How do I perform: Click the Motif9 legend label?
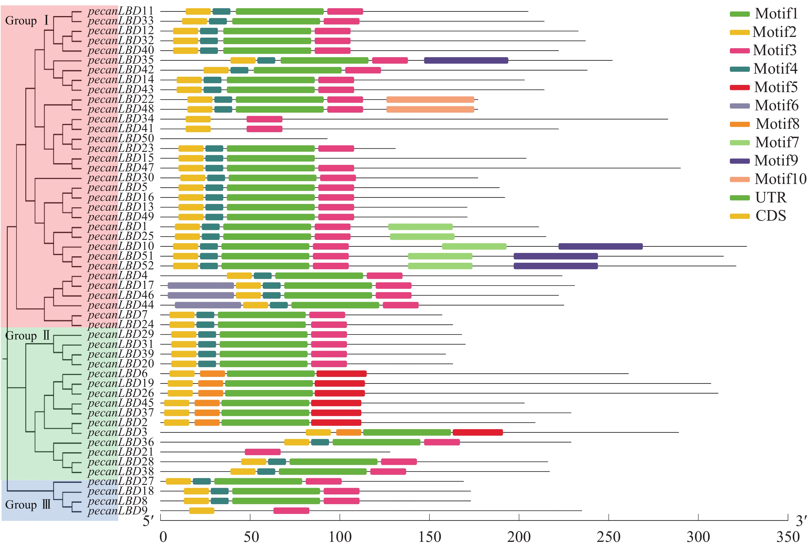(x=776, y=161)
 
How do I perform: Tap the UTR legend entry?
(x=771, y=198)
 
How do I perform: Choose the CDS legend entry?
(x=771, y=216)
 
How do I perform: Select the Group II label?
(x=28, y=336)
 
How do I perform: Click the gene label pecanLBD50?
(x=121, y=138)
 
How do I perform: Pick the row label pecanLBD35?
(x=121, y=60)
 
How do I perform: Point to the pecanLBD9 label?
(x=117, y=511)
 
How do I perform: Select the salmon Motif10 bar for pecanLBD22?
(x=430, y=100)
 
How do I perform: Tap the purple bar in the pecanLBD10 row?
(x=600, y=247)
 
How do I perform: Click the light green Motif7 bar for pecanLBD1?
(x=420, y=227)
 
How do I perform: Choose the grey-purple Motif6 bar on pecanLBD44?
(x=208, y=305)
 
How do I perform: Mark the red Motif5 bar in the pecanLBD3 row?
(x=478, y=433)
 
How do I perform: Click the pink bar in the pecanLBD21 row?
(x=262, y=452)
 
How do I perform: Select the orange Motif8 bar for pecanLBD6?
(x=212, y=374)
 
